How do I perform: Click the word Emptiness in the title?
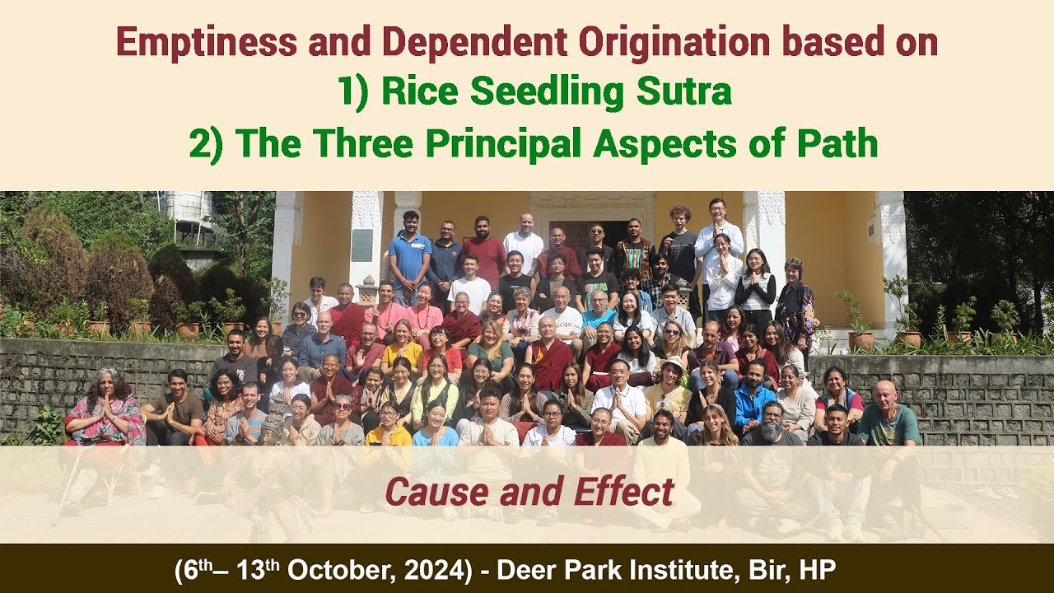[206, 43]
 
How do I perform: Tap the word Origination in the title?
[674, 43]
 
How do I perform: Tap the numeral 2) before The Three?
[206, 143]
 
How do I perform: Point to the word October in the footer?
[338, 570]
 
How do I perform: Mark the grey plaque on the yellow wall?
[361, 245]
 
